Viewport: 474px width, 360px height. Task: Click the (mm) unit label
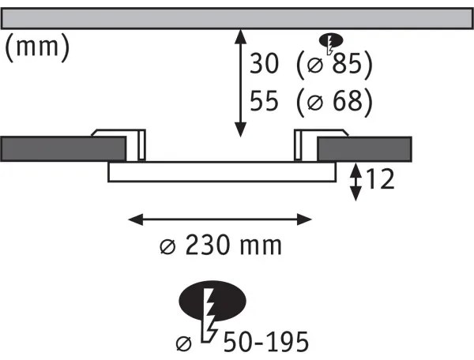[x=37, y=49]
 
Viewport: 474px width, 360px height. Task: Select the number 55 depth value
[x=265, y=101]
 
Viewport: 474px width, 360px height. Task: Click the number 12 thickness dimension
[x=381, y=181]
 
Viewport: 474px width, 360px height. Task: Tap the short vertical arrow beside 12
[x=357, y=181]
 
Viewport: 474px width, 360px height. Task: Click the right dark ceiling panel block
[x=364, y=148]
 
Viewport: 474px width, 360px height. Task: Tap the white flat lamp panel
[x=222, y=172]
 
